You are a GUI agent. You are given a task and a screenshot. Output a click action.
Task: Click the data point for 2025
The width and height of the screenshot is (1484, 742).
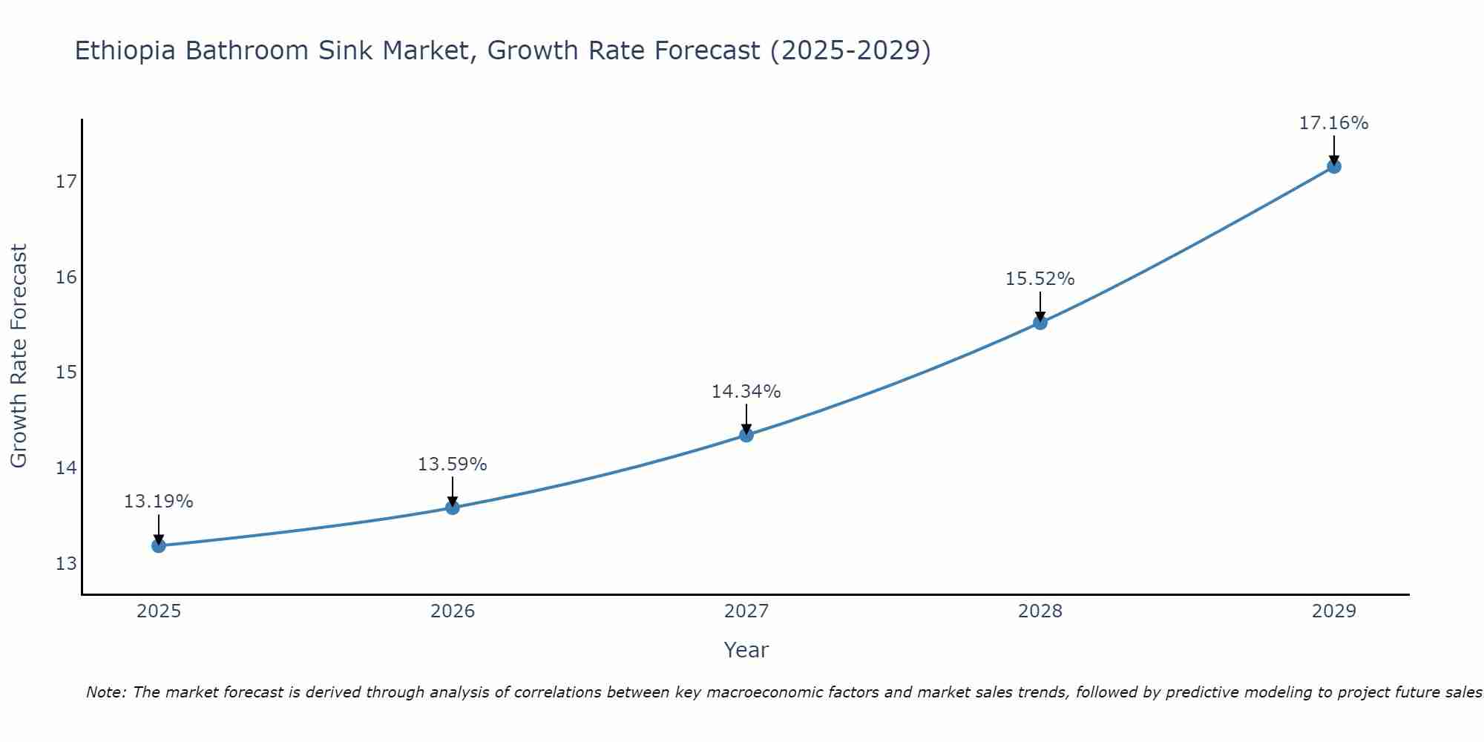(x=159, y=546)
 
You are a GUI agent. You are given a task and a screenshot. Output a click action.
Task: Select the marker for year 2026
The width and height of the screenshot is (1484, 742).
(x=453, y=508)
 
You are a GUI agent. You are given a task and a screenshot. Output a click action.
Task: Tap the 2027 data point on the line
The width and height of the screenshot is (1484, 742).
(x=746, y=435)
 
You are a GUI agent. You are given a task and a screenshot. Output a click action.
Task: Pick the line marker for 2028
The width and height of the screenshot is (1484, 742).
(x=1040, y=323)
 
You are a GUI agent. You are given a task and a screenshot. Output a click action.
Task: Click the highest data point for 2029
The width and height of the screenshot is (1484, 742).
(x=1334, y=166)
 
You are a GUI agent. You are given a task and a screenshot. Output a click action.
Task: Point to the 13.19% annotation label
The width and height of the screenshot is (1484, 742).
(x=158, y=502)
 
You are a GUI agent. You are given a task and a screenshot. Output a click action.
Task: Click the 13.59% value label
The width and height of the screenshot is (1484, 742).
(x=452, y=464)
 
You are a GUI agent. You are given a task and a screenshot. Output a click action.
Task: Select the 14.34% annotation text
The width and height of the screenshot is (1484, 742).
(x=746, y=392)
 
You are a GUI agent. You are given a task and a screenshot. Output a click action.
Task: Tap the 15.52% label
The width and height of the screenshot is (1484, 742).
(x=1040, y=279)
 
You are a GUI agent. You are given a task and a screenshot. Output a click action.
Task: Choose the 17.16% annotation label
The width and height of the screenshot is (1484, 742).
(x=1333, y=123)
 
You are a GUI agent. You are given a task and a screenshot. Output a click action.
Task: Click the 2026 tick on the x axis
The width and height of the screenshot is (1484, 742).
(x=453, y=611)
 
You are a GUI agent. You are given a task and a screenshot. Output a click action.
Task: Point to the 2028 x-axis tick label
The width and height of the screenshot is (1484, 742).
(x=1040, y=611)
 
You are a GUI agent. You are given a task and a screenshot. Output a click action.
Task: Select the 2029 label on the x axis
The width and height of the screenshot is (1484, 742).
(x=1334, y=611)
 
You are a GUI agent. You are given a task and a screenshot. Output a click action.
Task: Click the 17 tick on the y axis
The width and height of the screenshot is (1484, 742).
(x=67, y=182)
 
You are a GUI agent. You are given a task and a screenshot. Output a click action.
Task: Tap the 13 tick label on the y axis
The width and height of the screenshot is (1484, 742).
(x=67, y=564)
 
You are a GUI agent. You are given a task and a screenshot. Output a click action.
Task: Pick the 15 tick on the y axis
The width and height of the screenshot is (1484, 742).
(x=67, y=372)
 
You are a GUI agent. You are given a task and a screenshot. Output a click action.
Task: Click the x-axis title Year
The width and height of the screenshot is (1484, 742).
(x=746, y=650)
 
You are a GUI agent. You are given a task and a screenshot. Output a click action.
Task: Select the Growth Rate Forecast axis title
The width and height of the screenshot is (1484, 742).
(x=19, y=356)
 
